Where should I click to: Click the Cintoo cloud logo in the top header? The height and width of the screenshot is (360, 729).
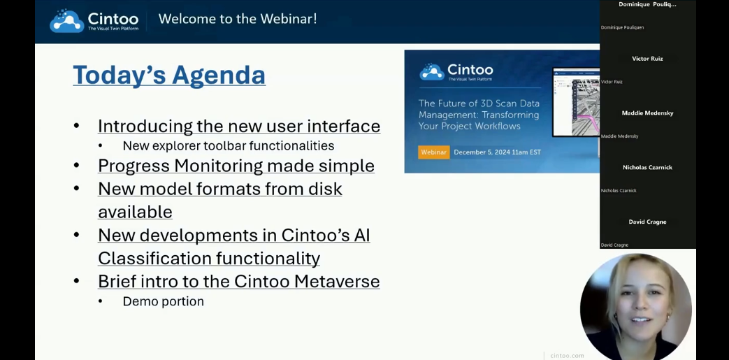coord(67,20)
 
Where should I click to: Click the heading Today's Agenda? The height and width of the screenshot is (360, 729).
coord(169,75)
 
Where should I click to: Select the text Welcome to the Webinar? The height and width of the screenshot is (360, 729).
coord(238,19)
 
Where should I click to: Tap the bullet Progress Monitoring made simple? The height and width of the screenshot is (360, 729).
coord(236,166)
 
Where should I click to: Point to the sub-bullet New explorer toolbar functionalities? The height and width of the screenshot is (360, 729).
coord(228,146)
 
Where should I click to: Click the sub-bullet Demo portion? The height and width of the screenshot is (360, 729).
coord(163,301)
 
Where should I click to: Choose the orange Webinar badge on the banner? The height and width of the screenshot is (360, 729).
coord(433,152)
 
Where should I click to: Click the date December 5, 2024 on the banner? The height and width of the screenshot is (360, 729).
coord(482,152)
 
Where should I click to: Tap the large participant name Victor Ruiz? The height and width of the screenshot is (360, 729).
coord(647,59)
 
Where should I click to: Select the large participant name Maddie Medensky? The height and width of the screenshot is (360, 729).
coord(647,113)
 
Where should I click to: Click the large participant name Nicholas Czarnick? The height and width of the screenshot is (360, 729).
coord(647,168)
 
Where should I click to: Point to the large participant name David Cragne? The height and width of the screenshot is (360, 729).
coord(647,222)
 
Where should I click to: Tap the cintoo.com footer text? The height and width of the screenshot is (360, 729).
coord(566,355)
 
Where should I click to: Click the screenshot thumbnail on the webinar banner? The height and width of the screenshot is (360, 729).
coord(576,102)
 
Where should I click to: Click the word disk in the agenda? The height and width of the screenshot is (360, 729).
coord(326,189)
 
